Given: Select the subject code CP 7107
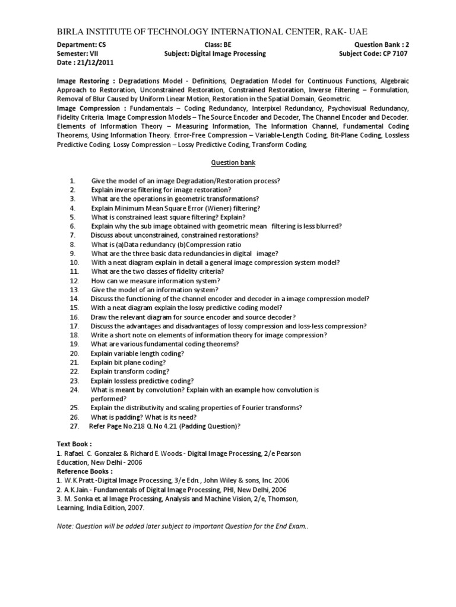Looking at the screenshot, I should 393,53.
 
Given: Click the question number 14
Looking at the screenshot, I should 74,299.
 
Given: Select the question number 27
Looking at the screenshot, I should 74,426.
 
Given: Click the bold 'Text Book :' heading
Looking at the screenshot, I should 74,443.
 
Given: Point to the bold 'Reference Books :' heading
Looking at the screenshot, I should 85,471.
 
